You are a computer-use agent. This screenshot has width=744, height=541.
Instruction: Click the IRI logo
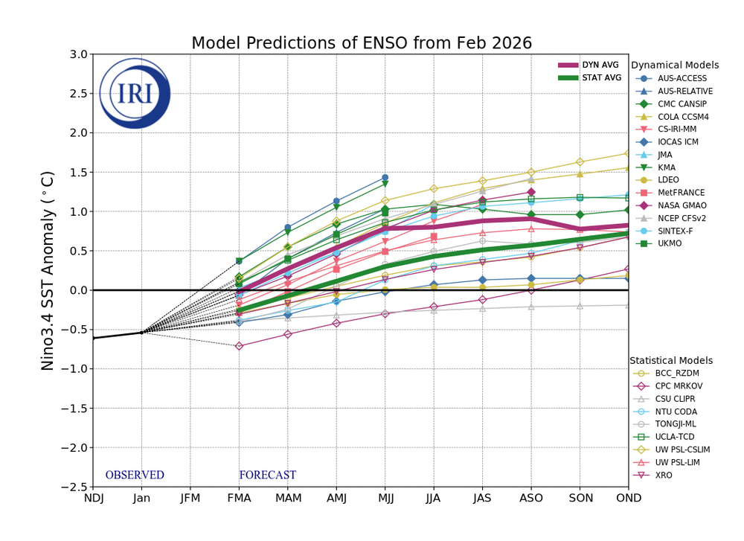click(x=135, y=93)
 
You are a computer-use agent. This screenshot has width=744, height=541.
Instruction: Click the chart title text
click(x=362, y=43)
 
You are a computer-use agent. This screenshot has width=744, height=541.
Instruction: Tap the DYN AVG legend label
click(x=600, y=65)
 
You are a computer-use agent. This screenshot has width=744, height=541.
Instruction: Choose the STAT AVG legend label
click(x=601, y=77)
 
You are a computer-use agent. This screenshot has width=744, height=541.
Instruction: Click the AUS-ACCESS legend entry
click(x=682, y=78)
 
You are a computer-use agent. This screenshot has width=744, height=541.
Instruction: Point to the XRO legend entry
click(x=664, y=475)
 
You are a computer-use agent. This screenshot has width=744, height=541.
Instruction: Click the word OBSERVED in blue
click(x=135, y=475)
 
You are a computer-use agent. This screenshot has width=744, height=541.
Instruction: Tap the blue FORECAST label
click(x=267, y=475)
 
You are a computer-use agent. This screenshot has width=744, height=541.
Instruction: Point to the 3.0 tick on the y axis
click(x=78, y=54)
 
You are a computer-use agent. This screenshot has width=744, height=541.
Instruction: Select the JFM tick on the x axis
click(x=190, y=499)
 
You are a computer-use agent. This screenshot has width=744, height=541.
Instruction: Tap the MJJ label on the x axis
click(x=385, y=499)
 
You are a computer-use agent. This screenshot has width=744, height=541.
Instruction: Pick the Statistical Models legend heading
click(x=671, y=360)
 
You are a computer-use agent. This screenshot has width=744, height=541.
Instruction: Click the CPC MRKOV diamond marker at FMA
click(x=239, y=346)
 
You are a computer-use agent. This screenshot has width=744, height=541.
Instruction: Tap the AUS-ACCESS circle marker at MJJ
click(x=385, y=178)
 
